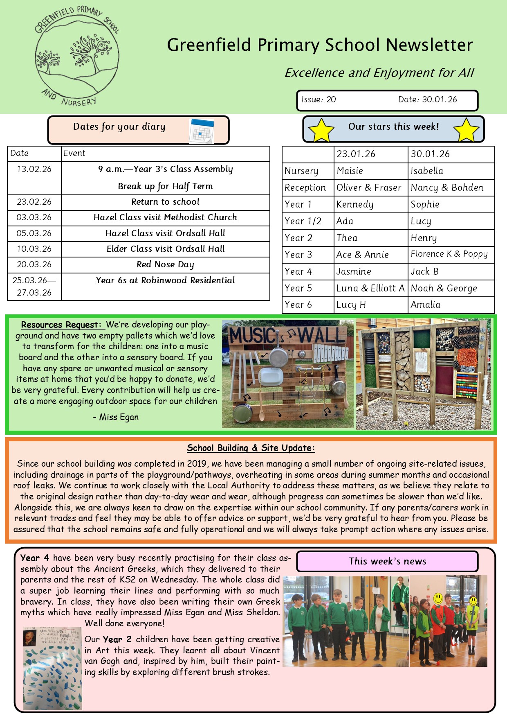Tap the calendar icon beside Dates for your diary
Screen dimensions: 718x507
pos(201,131)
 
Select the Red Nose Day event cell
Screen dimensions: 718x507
pos(165,264)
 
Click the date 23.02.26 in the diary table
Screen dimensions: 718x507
pos(34,202)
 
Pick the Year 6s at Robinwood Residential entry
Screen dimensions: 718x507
pos(165,280)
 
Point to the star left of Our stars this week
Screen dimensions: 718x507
pos(321,130)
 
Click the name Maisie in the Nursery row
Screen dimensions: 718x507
pos(350,171)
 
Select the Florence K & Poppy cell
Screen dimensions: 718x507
pos(449,254)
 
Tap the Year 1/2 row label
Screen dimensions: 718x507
pos(303,221)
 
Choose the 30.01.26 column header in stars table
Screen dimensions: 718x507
pos(430,154)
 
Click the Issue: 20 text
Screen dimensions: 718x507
pos(319,99)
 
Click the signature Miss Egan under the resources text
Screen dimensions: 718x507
pos(119,417)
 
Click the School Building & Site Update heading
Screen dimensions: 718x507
pos(251,448)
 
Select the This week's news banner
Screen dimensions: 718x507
pos(387,561)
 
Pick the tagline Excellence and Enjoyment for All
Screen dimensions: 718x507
pos(379,73)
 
